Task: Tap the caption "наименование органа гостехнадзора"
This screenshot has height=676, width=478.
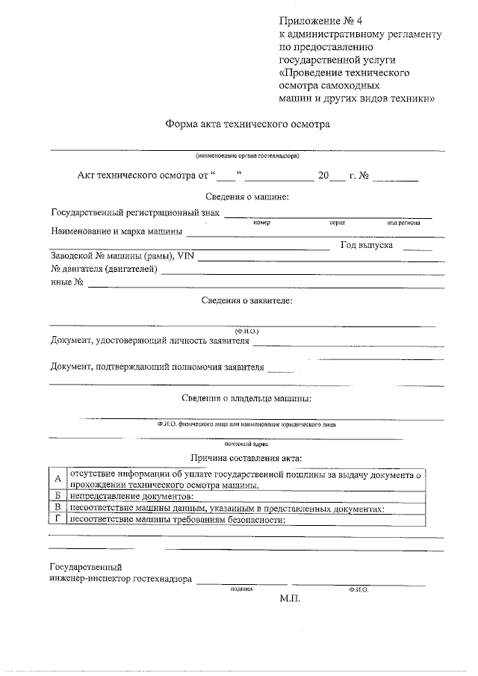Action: tap(248, 156)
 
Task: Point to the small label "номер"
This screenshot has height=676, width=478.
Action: tap(261, 223)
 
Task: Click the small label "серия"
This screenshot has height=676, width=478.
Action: tap(336, 223)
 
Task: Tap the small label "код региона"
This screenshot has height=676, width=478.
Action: tap(403, 223)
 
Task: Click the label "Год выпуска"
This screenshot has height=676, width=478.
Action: tap(367, 244)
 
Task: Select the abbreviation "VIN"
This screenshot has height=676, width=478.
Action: tap(185, 256)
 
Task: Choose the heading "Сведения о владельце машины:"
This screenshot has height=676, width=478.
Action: tap(247, 398)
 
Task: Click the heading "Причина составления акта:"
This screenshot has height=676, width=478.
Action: tap(247, 458)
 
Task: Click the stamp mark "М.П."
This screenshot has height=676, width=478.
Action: tap(290, 599)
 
